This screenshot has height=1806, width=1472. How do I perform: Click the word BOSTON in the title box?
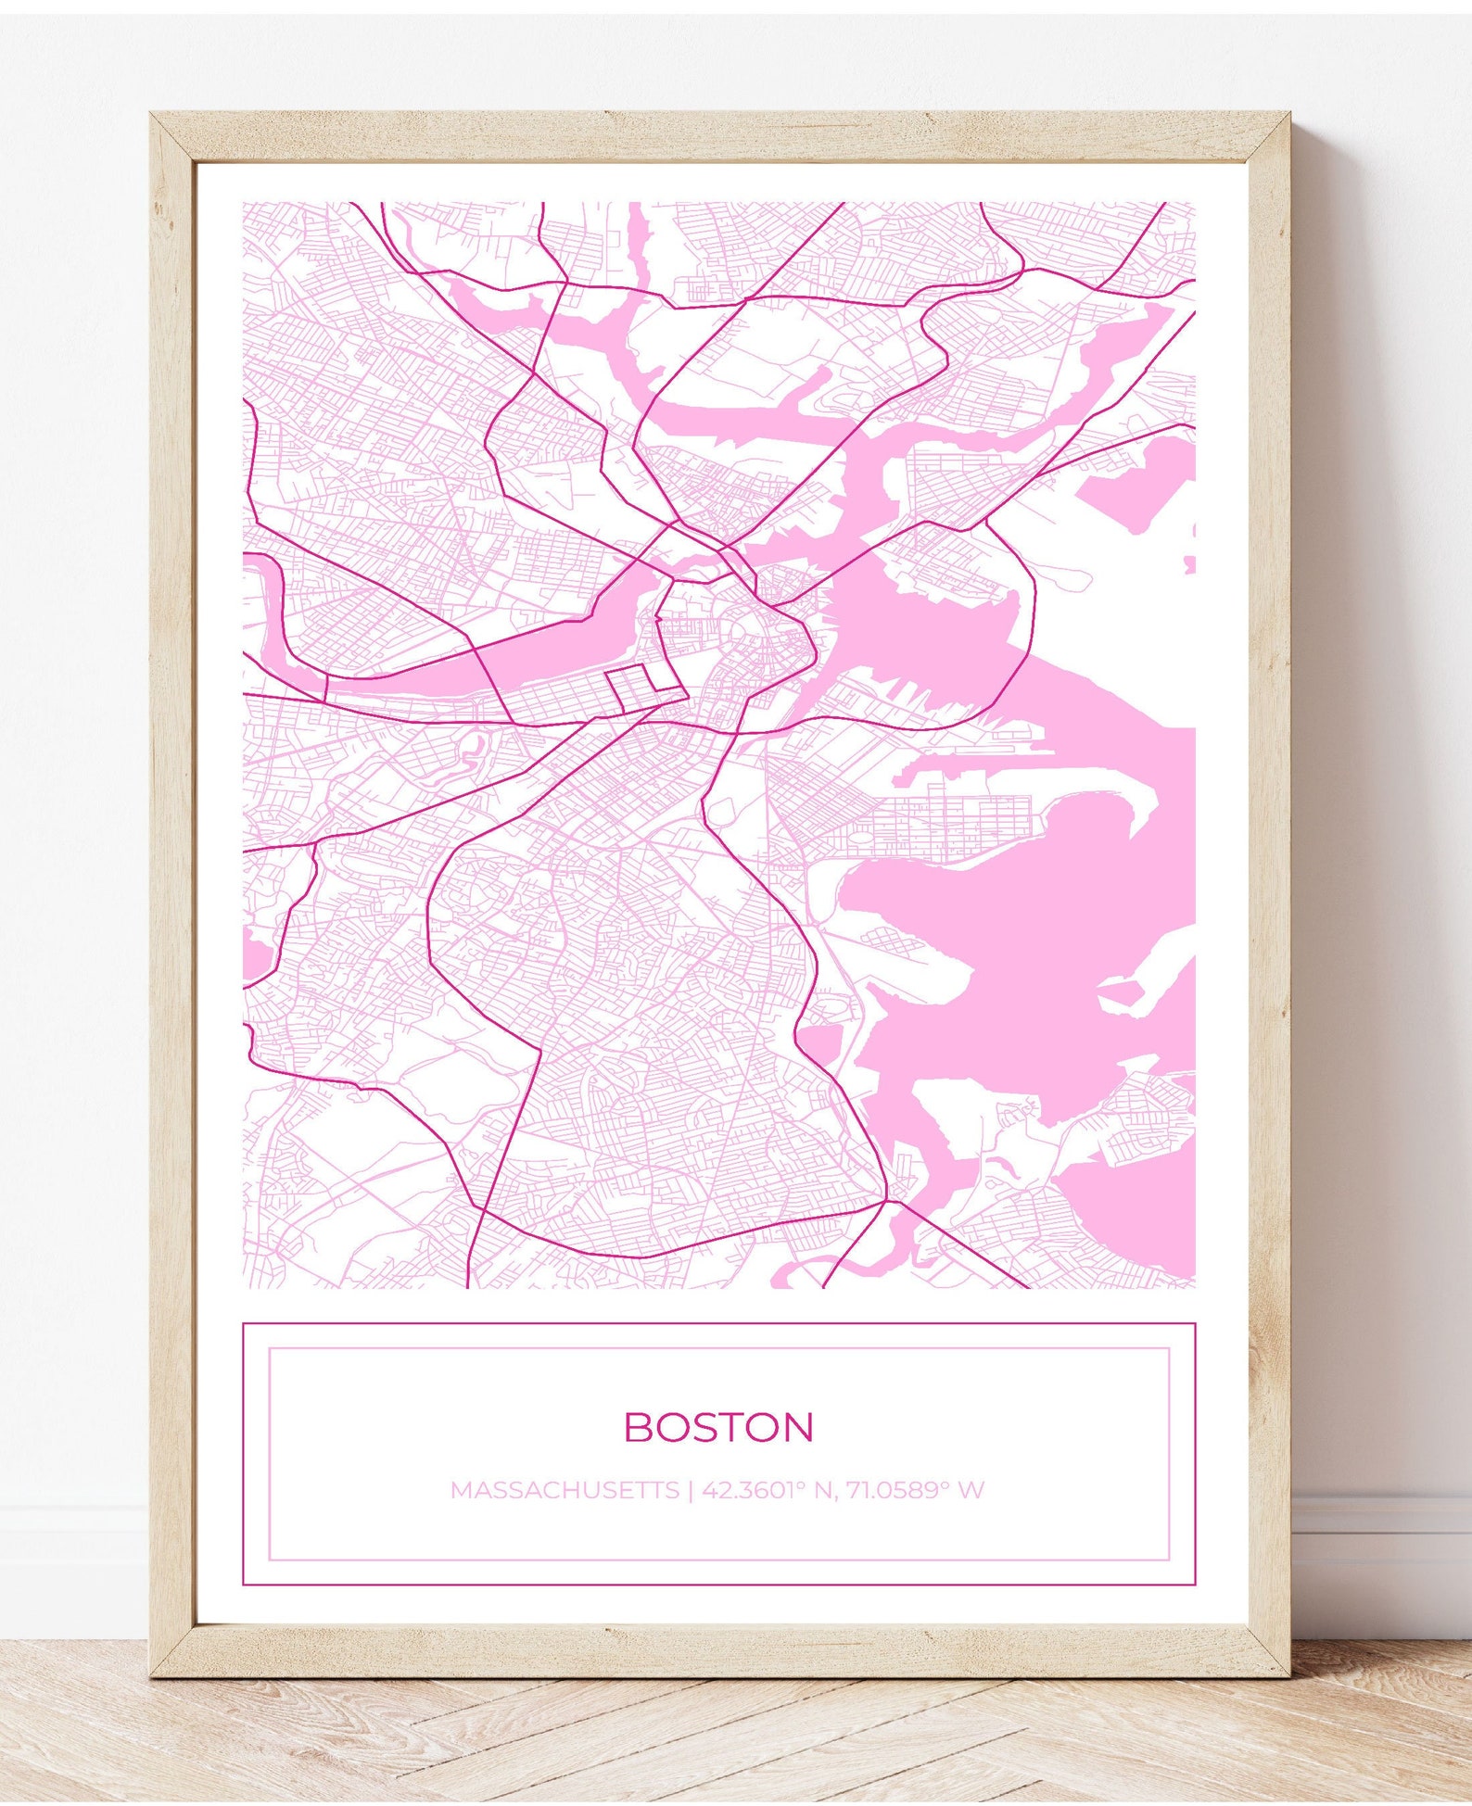(x=718, y=1427)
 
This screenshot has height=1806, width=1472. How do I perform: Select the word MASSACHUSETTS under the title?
(x=565, y=1490)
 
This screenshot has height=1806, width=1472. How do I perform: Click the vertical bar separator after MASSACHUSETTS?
(x=690, y=1490)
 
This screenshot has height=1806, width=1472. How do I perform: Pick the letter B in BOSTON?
(x=639, y=1427)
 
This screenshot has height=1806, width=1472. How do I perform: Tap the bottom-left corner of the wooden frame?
(x=154, y=1673)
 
